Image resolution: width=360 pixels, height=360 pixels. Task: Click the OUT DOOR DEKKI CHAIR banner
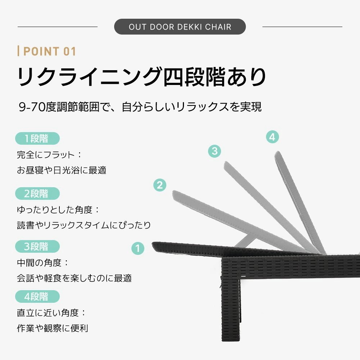180,27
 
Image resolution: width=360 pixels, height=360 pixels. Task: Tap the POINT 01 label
48,51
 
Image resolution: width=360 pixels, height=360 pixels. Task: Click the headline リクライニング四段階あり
142,77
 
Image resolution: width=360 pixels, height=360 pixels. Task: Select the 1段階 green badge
37,139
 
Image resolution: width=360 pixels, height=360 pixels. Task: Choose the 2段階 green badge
37,193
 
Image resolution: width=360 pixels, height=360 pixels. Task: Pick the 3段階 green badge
37,247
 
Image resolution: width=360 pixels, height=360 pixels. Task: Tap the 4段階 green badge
37,297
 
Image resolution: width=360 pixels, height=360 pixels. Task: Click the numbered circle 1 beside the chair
138,248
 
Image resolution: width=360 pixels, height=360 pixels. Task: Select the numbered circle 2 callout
160,185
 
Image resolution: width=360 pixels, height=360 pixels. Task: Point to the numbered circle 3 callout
215,151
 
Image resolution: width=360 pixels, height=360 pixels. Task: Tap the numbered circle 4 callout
273,137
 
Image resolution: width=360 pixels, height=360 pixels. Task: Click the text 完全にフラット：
50,155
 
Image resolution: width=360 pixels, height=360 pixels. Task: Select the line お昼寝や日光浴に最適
62,170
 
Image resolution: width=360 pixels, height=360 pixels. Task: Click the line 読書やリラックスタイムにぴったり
84,225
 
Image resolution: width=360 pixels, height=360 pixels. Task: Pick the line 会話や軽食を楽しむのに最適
74,278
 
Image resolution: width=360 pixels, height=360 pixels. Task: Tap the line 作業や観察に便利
53,328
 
